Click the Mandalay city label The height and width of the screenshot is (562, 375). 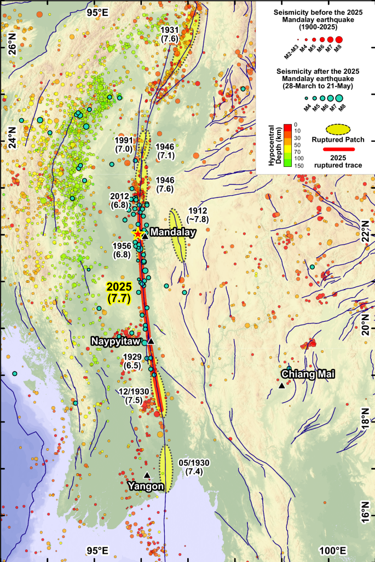(173, 233)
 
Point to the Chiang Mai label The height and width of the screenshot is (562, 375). (307, 374)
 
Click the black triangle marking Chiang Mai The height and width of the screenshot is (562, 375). (281, 386)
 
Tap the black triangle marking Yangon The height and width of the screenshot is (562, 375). (147, 475)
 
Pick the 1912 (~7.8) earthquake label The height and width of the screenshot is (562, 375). (198, 215)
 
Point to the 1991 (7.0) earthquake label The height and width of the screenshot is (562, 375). (124, 144)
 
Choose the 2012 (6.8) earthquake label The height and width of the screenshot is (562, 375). (120, 200)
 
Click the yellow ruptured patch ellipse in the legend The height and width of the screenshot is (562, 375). (333, 129)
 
